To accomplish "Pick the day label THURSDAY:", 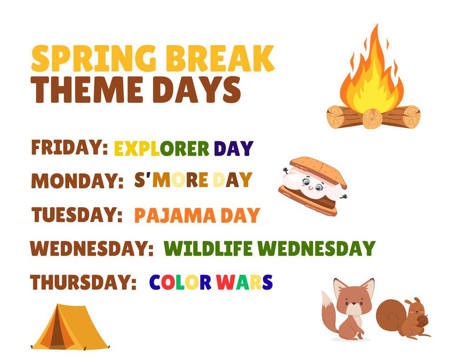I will pos(84,282).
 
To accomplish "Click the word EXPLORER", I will pos(162,148).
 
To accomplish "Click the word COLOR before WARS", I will pos(180,282).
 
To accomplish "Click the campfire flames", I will pos(370,77).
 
